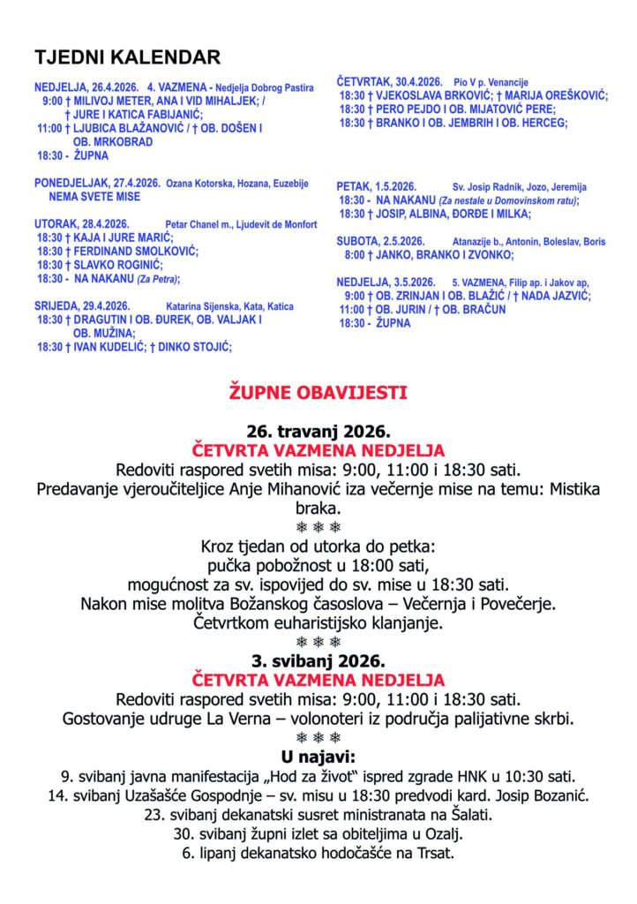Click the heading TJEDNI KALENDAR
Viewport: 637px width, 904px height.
127,58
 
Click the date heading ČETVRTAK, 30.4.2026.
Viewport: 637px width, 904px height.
388,81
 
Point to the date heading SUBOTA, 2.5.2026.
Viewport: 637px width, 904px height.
380,241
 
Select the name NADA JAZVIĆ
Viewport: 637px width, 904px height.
558,295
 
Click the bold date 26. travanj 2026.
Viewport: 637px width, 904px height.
318,432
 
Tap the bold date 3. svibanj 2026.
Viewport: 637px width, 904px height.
318,660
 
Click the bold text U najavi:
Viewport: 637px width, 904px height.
318,757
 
